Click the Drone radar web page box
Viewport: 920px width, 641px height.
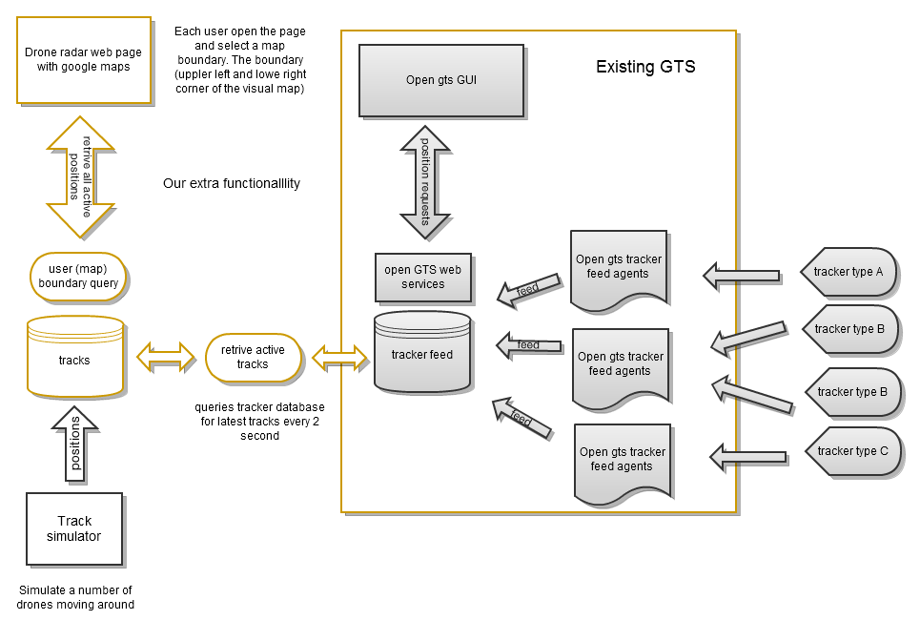[84, 59]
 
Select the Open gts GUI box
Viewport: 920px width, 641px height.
[440, 80]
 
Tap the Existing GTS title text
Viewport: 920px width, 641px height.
[645, 67]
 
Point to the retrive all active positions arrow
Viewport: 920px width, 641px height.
[81, 177]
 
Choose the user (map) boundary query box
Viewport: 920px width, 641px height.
[78, 276]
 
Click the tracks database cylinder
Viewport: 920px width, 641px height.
[74, 357]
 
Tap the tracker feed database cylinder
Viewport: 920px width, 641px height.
[422, 352]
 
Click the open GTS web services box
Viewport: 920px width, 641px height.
[422, 277]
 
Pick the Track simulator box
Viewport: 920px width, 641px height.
[74, 528]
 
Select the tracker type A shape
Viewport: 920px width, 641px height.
[848, 272]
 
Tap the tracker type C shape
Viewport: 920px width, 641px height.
[852, 451]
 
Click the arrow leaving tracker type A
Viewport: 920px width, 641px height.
[742, 276]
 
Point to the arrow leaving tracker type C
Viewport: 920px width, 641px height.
[748, 456]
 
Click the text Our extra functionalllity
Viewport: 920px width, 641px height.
[232, 183]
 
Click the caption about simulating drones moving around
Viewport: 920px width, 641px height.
[75, 597]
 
